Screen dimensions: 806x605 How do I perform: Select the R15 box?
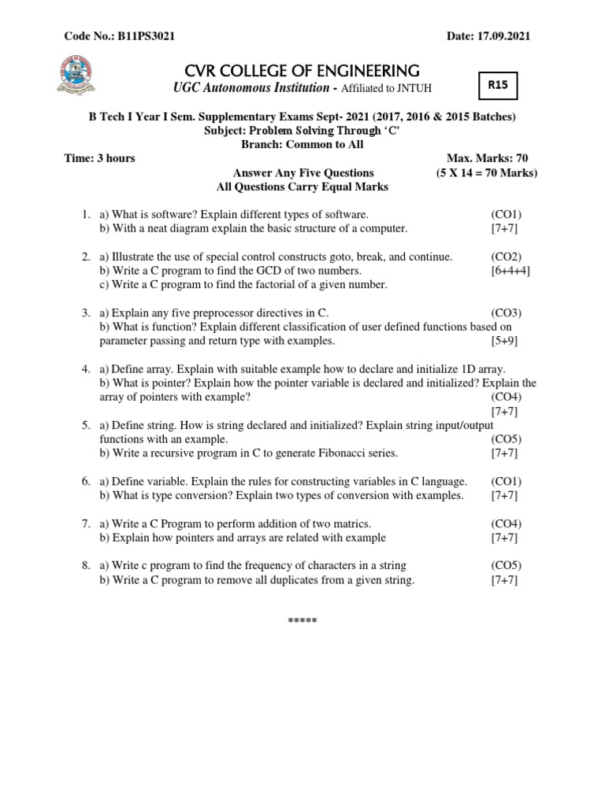click(498, 86)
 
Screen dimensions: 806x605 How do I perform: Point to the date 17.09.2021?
click(511, 36)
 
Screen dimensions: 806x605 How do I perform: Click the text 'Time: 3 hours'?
click(99, 158)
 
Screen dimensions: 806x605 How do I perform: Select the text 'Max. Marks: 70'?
click(499, 158)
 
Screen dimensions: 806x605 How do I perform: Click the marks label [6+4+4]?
click(510, 271)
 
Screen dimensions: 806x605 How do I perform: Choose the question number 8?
click(85, 566)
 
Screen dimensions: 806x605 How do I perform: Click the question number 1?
click(85, 214)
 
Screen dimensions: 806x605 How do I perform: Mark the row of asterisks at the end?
click(302, 621)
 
